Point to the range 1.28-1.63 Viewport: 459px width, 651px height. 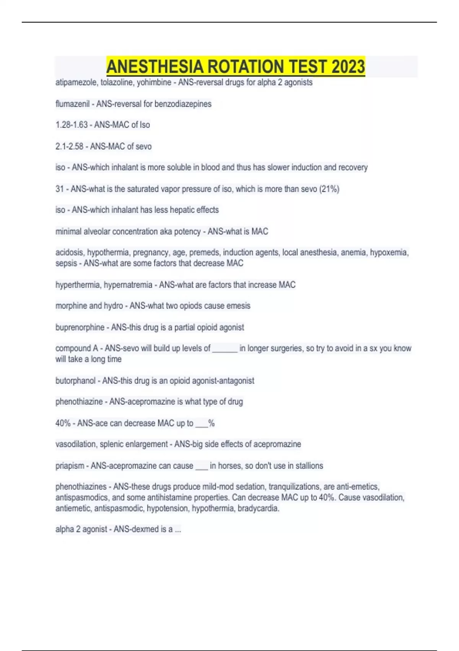[71, 125]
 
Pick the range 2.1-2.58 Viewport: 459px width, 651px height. [69, 146]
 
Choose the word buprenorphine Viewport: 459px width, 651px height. [80, 327]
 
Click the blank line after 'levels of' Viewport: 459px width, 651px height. [225, 349]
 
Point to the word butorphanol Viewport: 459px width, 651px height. [75, 381]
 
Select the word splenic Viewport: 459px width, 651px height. [112, 444]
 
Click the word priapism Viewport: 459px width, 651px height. [70, 466]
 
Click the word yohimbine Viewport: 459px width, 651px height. [152, 82]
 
